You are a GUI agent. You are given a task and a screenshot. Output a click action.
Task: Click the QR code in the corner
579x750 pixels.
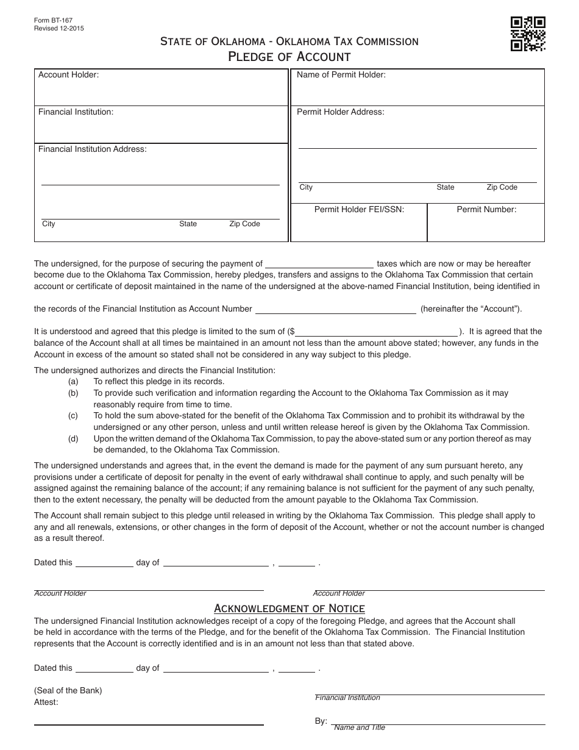(527, 34)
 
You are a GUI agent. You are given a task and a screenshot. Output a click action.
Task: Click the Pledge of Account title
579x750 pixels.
(289, 57)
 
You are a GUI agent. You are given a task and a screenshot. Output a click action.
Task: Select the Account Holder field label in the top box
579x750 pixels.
(68, 75)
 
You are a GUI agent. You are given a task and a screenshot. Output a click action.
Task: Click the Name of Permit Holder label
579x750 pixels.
(341, 75)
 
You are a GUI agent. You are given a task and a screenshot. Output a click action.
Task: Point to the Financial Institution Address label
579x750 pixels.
(93, 149)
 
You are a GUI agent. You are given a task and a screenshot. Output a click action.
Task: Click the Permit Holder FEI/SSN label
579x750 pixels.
(359, 209)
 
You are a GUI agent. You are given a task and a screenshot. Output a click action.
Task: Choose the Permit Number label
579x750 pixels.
(486, 209)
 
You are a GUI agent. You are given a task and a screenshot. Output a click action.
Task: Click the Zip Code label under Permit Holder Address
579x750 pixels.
(502, 187)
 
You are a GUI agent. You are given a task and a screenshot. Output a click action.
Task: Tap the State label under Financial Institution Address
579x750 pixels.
(188, 224)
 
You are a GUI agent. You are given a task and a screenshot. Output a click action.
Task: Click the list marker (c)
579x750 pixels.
(73, 416)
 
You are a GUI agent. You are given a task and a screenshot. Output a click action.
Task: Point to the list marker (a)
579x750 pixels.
(73, 382)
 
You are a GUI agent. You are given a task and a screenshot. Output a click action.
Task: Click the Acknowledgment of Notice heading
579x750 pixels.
(289, 608)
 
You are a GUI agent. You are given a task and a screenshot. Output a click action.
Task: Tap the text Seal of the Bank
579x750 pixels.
(68, 691)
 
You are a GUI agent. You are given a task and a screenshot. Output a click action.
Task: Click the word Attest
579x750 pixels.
(46, 702)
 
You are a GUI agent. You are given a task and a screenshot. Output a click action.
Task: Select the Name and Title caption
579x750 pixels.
(360, 727)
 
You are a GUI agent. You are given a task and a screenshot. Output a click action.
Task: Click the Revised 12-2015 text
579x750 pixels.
(60, 27)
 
